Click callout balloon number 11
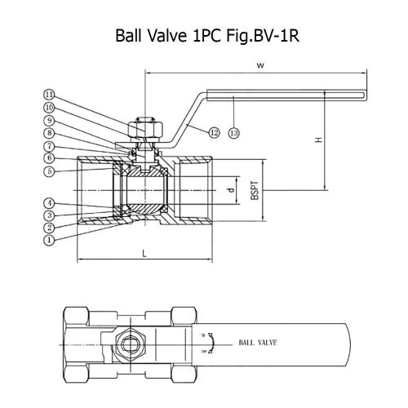(49, 95)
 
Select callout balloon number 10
(49, 108)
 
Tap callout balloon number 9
(49, 120)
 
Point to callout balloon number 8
(49, 133)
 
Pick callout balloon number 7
(49, 147)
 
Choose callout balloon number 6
(49, 157)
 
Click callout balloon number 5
(49, 171)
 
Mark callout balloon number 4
(49, 203)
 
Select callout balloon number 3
(49, 215)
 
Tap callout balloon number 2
(49, 228)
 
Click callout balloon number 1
(49, 240)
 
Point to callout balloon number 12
(214, 133)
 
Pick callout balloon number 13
(234, 133)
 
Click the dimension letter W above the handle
(260, 65)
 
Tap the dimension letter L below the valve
(144, 254)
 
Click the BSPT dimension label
(255, 190)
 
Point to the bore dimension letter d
(231, 190)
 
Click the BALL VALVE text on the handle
(258, 343)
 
